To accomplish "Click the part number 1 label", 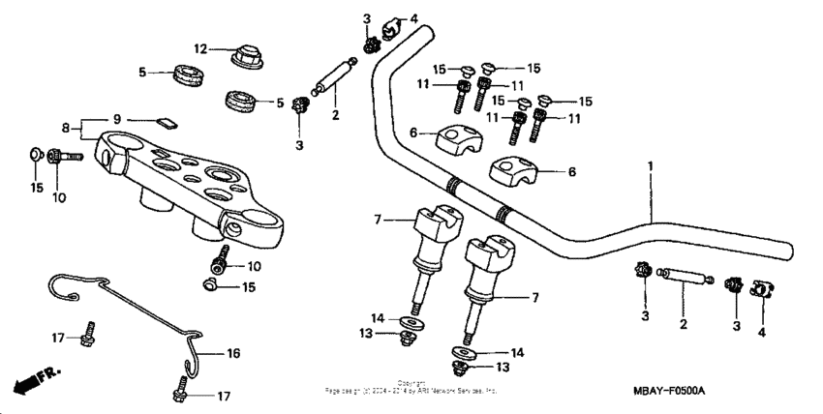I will coord(650,165).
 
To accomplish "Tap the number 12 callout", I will coord(200,49).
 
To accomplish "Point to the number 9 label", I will coord(117,119).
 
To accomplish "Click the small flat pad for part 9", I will coord(167,122).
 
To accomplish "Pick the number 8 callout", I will coord(67,128).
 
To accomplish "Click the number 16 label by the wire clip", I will coord(232,353).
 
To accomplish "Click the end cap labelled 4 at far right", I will coord(759,289).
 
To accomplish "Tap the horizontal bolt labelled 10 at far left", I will coord(65,155).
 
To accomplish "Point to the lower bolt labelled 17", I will coord(182,392).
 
